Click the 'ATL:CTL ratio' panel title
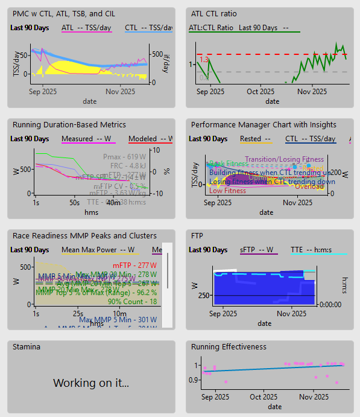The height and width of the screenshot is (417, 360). pos(213,13)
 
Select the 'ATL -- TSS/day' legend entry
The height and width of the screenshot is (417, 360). pos(87,28)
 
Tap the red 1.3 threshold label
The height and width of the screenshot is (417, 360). pos(204,60)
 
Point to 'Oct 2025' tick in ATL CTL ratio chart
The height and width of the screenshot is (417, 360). pos(261,92)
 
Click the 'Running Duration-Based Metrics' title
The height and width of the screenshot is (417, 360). pos(69,125)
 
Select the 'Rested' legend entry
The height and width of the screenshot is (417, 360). pos(253,139)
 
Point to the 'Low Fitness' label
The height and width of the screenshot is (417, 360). pos(227,191)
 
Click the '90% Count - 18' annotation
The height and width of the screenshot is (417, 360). pos(132,301)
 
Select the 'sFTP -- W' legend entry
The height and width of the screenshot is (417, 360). pos(257,250)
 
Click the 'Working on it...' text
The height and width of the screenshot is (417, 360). pos(91,383)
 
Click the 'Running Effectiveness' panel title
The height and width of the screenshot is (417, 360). pos(229,347)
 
